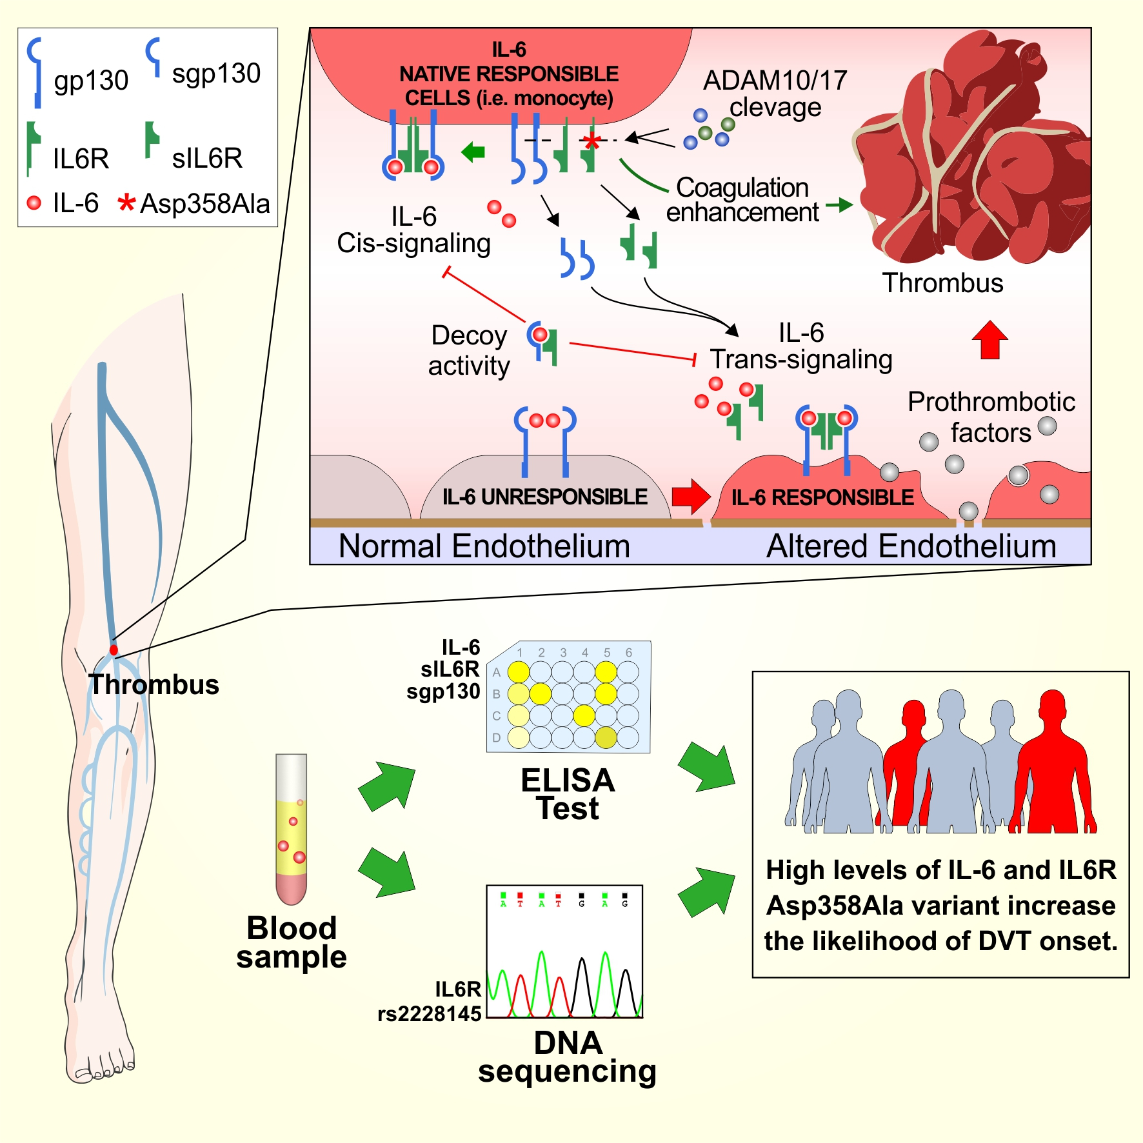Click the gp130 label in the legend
click(91, 81)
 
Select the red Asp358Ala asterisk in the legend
click(126, 203)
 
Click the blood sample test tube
click(291, 829)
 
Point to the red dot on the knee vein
click(114, 650)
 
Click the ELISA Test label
click(568, 794)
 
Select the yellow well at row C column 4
click(584, 715)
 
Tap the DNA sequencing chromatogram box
click(564, 951)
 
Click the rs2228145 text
click(430, 1014)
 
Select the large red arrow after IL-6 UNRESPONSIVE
click(690, 496)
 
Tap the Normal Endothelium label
click(484, 546)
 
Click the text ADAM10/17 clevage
click(775, 94)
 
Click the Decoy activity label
click(469, 350)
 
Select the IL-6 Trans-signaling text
click(801, 346)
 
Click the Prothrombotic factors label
click(991, 417)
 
